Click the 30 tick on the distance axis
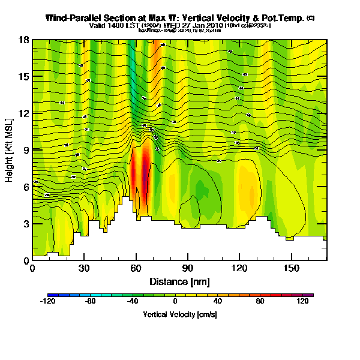(85, 268)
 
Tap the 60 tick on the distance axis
(136, 268)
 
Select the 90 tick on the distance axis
(188, 268)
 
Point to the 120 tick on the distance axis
(240, 268)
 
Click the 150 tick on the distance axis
(292, 268)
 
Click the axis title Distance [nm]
(179, 281)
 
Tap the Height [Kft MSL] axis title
(10, 150)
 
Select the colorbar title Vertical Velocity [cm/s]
(179, 314)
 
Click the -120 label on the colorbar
(48, 302)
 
